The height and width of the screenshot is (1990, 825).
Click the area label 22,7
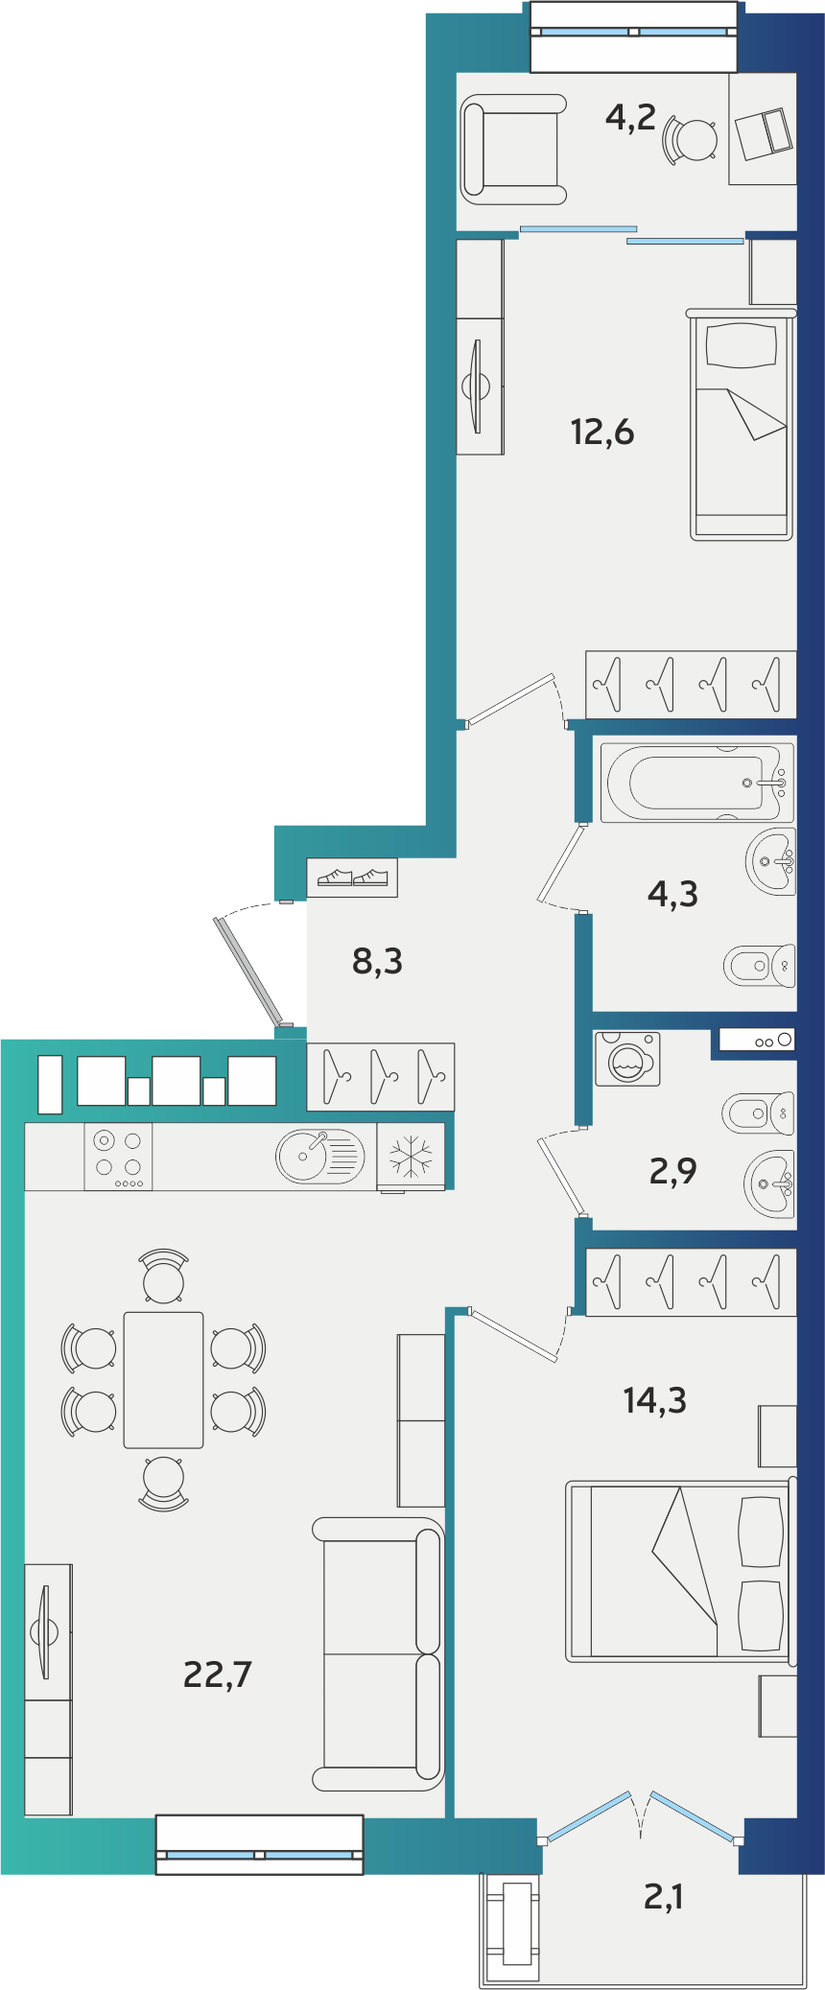pyautogui.click(x=217, y=1674)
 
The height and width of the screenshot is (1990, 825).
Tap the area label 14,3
pyautogui.click(x=654, y=1400)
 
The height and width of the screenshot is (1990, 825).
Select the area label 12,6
pyautogui.click(x=602, y=432)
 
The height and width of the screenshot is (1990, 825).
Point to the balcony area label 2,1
pyautogui.click(x=663, y=1896)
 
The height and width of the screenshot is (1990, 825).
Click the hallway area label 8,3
pyautogui.click(x=377, y=960)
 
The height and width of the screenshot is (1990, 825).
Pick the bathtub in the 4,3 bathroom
pyautogui.click(x=697, y=783)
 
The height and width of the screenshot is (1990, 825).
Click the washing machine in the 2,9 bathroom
pyautogui.click(x=627, y=1059)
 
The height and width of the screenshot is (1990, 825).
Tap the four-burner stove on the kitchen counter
pyautogui.click(x=118, y=1157)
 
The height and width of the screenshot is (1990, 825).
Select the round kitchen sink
pyautogui.click(x=320, y=1156)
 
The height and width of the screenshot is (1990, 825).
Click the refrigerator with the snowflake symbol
pyautogui.click(x=411, y=1157)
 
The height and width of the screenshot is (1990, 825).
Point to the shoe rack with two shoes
pyautogui.click(x=352, y=878)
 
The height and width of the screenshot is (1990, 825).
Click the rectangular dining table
pyautogui.click(x=163, y=1380)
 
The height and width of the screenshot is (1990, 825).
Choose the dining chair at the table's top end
pyautogui.click(x=163, y=1276)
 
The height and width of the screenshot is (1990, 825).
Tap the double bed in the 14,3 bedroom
pyautogui.click(x=680, y=1571)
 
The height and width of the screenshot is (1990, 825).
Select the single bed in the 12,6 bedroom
pyautogui.click(x=742, y=424)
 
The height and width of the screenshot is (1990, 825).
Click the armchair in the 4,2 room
pyautogui.click(x=513, y=149)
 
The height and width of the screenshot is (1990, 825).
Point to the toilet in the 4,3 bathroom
pyautogui.click(x=759, y=965)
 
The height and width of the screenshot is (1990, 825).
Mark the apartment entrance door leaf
pyautogui.click(x=249, y=971)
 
